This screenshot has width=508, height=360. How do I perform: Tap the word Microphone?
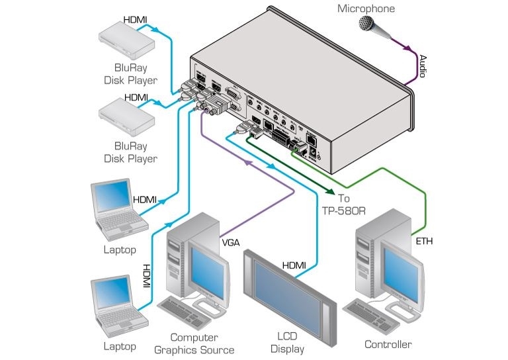366,9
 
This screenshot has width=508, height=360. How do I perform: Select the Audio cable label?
422,66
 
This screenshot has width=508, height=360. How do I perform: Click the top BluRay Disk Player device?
126,42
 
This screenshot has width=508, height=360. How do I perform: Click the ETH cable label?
425,243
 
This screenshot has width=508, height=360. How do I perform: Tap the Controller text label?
388,344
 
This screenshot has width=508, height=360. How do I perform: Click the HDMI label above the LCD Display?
294,265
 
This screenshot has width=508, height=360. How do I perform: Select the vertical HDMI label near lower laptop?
147,275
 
